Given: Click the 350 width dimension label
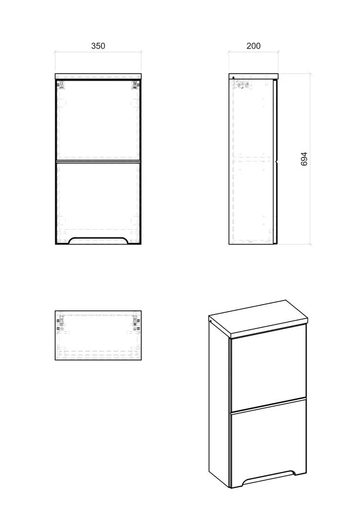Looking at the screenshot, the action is pos(98,46).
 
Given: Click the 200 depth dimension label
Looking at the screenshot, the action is pos(253,46).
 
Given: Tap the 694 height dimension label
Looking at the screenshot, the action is pos(304,159).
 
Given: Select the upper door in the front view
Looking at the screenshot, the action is pos(98,119).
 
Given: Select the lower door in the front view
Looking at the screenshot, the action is pos(98,202).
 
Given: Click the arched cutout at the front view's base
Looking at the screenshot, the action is pos(98,239).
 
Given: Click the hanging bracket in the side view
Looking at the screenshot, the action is pos(245,85).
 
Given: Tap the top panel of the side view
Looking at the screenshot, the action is pos(253,76).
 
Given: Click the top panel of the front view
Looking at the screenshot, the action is pos(98,76).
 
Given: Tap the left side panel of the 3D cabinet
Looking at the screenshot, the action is pos(219,404).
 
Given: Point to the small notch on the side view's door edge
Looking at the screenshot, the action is pos(277,162).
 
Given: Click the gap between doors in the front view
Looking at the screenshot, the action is pos(98,161).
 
